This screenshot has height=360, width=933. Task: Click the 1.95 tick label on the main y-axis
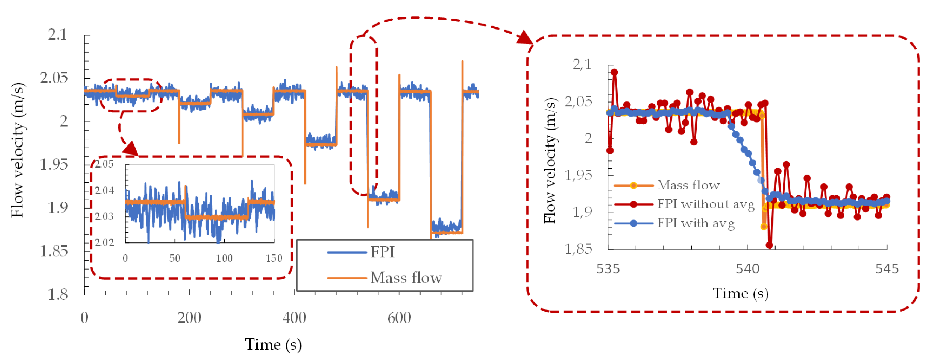point(54,165)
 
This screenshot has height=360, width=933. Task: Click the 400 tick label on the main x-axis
point(294,318)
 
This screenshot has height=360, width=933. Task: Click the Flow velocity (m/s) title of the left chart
point(17,150)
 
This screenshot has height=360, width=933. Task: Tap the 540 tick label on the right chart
point(747,269)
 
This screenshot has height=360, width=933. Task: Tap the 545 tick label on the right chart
point(887,269)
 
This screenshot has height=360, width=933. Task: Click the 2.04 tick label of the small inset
point(104,191)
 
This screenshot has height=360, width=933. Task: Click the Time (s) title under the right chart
point(740,293)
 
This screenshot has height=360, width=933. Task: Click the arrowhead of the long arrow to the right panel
point(525,38)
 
